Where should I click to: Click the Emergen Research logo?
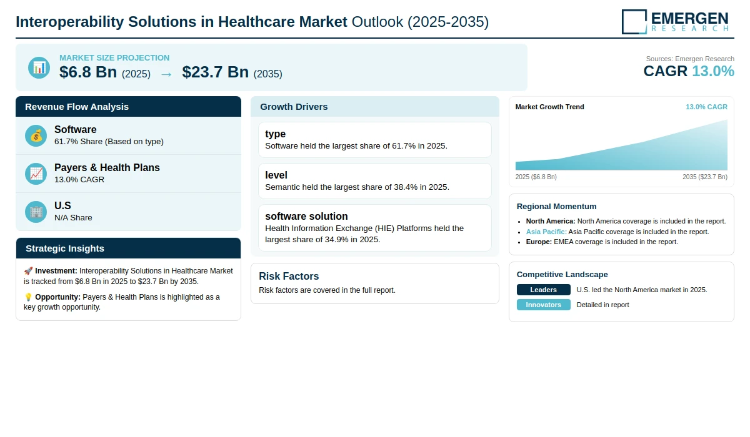coord(675,22)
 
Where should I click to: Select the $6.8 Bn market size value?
coord(88,72)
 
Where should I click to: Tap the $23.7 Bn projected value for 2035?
coord(215,72)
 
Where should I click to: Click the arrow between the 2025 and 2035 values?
coord(166,74)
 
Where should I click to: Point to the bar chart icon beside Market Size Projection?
coord(39,67)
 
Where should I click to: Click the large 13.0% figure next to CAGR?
coord(713,71)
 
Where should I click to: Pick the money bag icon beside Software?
coord(36,135)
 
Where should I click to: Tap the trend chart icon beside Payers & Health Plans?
coord(36,174)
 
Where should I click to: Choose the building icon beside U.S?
coord(36,212)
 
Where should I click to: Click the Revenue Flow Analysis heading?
coord(77,107)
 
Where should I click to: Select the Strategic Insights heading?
coord(64,248)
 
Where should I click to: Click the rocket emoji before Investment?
coord(28,271)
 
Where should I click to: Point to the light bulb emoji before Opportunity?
coord(28,297)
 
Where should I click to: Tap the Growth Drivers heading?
coord(294,107)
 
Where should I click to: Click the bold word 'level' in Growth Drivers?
coord(276,175)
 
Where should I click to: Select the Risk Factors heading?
coord(289,276)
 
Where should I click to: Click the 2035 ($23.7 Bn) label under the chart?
coord(705,177)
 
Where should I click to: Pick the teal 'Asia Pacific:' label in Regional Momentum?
coord(546,232)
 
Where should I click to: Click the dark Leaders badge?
coord(543,290)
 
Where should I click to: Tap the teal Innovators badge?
coord(543,305)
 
